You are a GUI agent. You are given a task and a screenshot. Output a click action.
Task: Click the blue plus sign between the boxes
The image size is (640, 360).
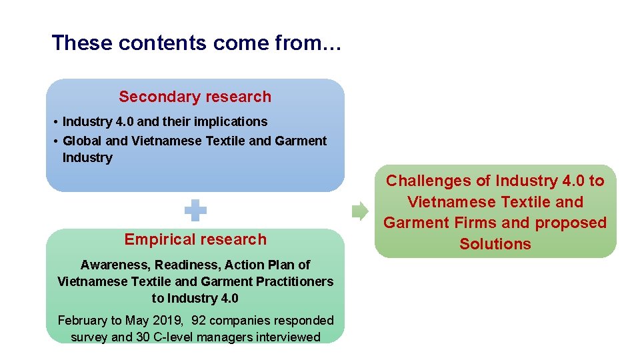click(195, 212)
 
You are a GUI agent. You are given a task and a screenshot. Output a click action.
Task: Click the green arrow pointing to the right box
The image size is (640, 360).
click(359, 211)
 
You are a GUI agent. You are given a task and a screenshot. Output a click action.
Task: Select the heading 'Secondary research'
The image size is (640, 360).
click(195, 97)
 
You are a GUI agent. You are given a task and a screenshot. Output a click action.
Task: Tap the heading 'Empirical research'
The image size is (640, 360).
click(195, 239)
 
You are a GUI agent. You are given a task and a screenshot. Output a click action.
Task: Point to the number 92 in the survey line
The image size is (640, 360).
click(199, 321)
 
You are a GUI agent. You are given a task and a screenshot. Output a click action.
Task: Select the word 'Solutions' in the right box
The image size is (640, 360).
click(495, 244)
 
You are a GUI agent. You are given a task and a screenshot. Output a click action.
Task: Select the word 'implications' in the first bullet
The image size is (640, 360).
click(233, 121)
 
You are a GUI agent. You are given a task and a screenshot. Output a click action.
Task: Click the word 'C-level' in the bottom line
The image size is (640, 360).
click(177, 337)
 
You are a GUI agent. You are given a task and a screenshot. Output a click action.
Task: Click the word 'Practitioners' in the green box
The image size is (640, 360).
click(296, 281)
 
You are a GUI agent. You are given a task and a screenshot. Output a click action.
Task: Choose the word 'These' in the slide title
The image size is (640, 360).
click(75, 43)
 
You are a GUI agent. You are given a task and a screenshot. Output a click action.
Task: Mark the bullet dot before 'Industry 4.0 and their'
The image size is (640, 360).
click(54, 122)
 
